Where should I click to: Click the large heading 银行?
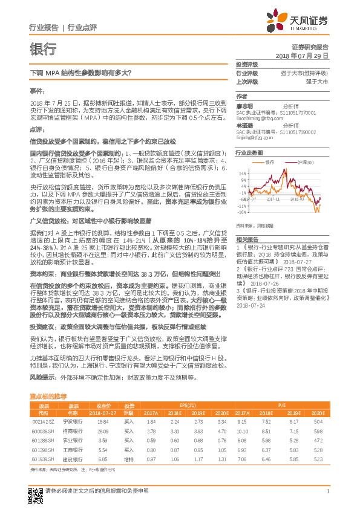pos(43,48)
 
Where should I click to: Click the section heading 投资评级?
pos(247,64)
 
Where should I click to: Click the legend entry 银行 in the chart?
pos(269,163)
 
